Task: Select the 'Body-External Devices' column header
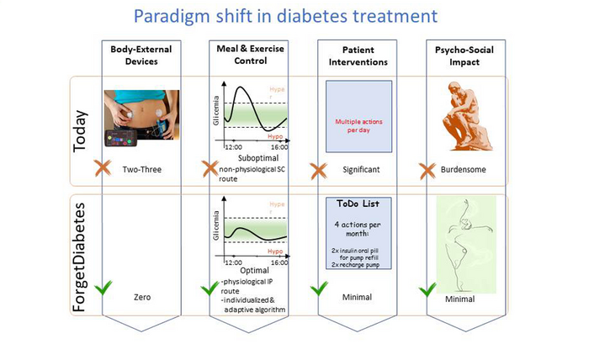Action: tap(138, 56)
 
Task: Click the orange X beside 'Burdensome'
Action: tap(426, 168)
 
